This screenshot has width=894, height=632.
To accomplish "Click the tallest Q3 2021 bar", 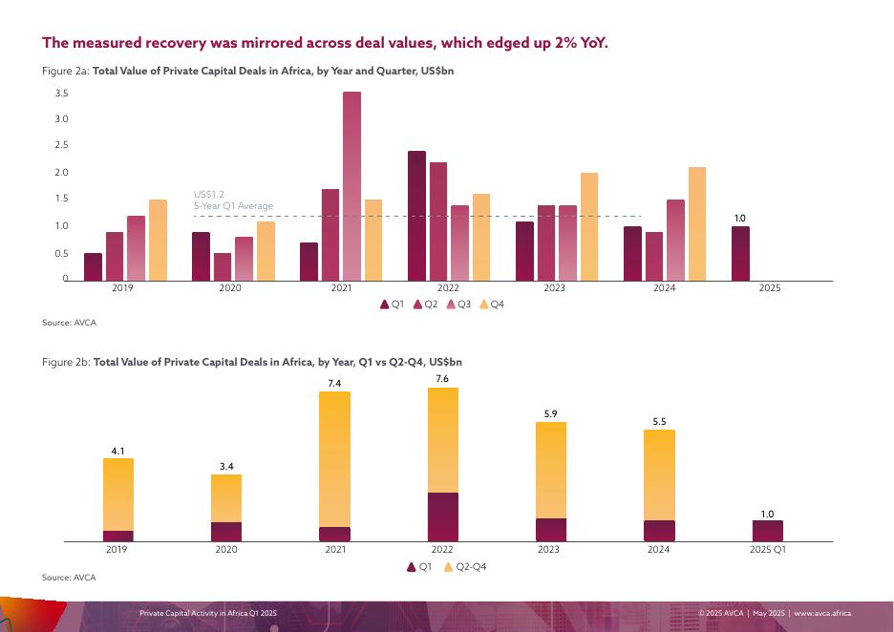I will (x=351, y=186).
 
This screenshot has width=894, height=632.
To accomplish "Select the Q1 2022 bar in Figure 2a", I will (x=416, y=216).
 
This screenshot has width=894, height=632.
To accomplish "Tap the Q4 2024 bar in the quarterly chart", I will (x=696, y=224).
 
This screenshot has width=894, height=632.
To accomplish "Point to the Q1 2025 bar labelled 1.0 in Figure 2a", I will (x=740, y=253).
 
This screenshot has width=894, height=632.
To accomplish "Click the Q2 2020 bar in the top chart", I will (x=222, y=266).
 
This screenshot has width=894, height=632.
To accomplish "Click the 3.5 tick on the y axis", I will (x=61, y=94).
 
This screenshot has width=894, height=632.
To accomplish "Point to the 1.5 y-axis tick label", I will (x=61, y=200).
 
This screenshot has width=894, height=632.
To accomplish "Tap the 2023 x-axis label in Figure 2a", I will (x=555, y=287).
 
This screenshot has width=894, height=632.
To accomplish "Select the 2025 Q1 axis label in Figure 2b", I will (x=767, y=551).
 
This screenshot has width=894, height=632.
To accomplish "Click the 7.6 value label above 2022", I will (x=442, y=378).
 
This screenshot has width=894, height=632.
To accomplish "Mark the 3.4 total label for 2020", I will (x=226, y=466).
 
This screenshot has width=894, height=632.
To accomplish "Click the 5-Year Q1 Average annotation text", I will (x=233, y=206).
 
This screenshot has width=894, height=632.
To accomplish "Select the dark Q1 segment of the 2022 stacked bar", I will (x=442, y=516).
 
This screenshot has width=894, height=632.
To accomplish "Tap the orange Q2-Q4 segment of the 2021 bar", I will (x=334, y=458).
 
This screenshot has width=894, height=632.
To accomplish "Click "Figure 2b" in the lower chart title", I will (x=66, y=363).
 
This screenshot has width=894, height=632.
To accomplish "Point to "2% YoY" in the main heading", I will (x=581, y=44).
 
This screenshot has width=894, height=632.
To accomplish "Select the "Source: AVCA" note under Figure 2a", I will (x=69, y=323).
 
